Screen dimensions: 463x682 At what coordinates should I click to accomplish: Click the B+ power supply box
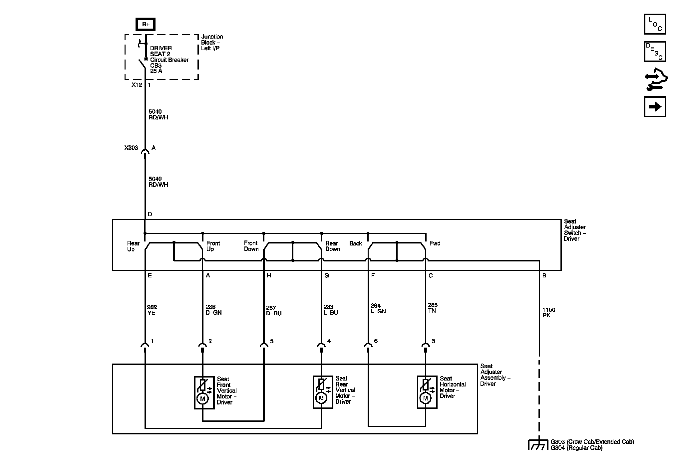[146, 24]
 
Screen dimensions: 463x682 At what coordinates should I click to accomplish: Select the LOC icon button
[655, 24]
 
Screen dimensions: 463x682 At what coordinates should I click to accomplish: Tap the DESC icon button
[655, 51]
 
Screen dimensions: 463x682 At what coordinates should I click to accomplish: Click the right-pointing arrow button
[655, 107]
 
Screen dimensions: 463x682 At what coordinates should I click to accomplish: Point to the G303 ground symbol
[538, 445]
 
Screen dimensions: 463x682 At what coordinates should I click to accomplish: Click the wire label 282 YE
[152, 310]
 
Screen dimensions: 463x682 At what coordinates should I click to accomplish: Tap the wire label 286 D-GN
[213, 310]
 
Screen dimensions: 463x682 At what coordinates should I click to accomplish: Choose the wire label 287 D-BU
[274, 311]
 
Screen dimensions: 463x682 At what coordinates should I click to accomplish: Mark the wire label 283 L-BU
[331, 310]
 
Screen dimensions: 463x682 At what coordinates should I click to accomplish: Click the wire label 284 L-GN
[378, 308]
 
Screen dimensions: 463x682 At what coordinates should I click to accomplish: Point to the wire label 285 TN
[433, 308]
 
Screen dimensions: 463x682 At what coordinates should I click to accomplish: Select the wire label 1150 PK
[548, 312]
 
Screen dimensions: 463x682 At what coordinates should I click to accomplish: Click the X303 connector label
[131, 148]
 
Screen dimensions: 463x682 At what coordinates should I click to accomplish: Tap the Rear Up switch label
[133, 246]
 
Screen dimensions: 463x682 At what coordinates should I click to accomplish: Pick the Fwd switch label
[435, 243]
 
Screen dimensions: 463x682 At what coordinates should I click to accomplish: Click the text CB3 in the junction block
[156, 66]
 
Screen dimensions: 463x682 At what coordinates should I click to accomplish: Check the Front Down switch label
[251, 246]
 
